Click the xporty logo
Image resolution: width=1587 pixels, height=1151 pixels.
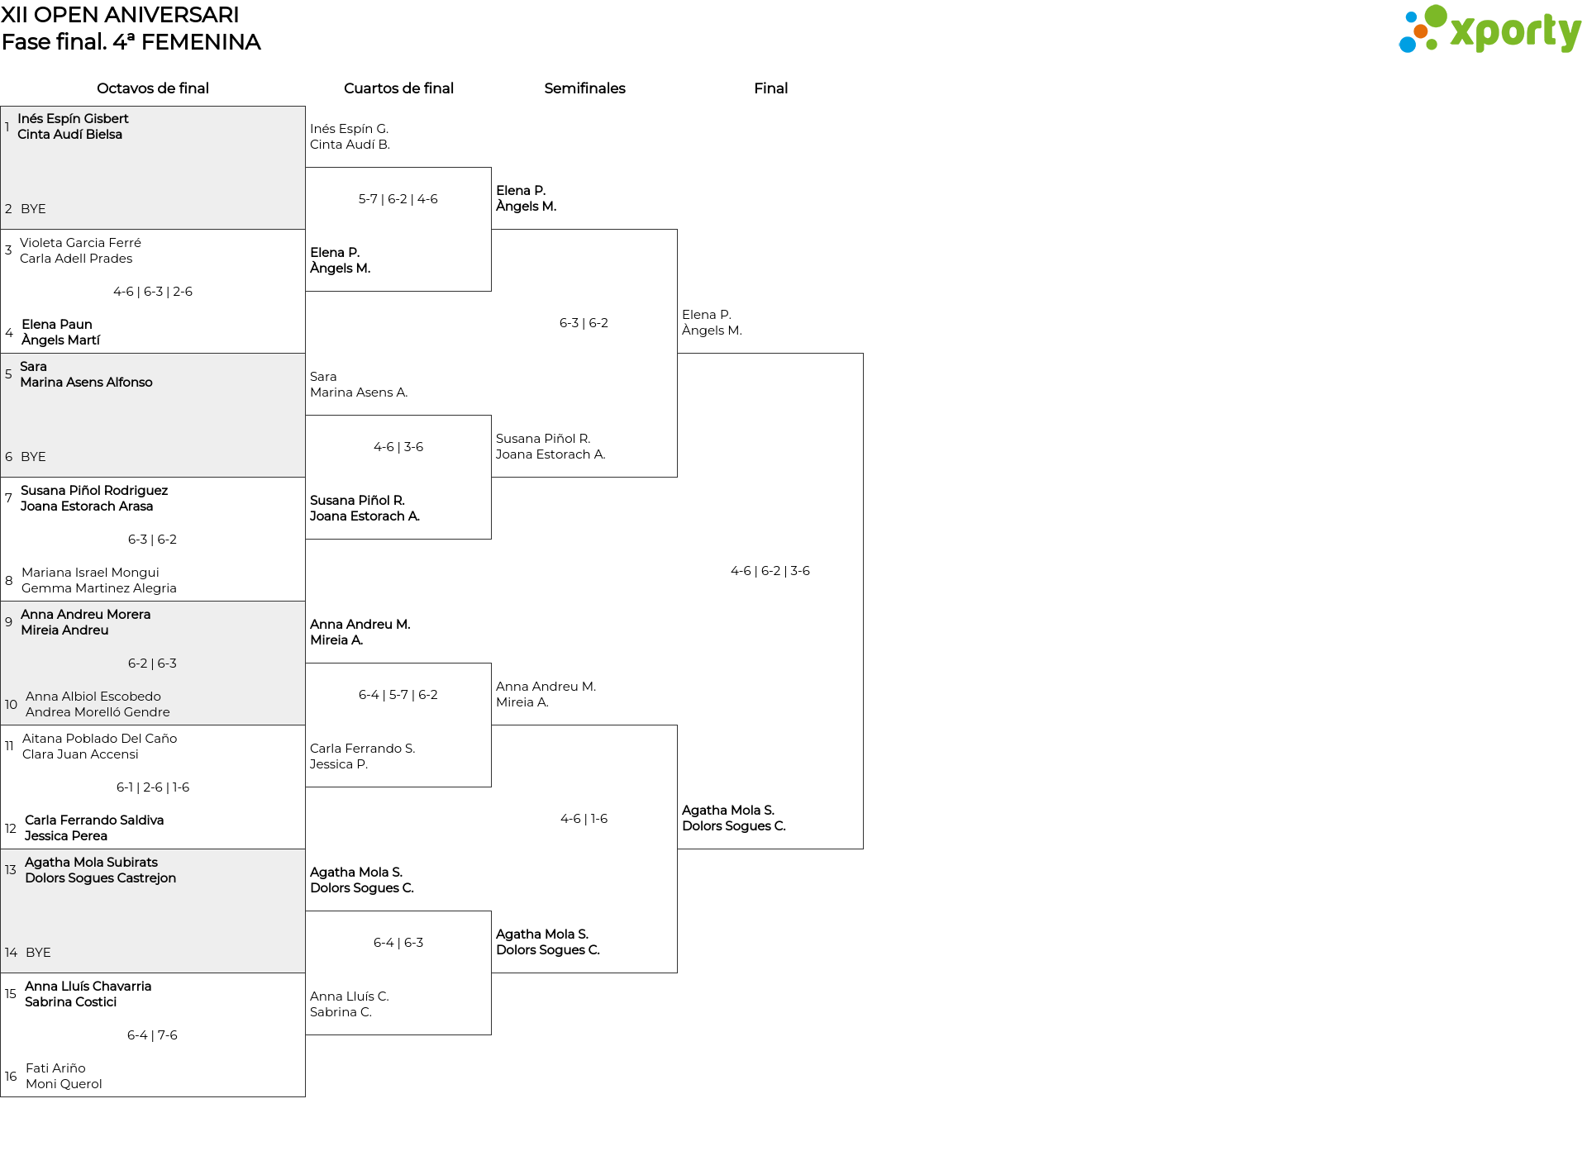[x=1489, y=30]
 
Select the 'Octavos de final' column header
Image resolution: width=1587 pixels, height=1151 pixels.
[x=153, y=88]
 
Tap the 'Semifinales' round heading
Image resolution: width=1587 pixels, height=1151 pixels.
[x=584, y=88]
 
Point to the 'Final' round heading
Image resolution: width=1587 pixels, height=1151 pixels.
[x=770, y=88]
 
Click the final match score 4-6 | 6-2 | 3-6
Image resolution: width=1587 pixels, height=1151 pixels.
[x=770, y=571]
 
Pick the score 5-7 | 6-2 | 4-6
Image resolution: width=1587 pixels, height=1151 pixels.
[x=398, y=199]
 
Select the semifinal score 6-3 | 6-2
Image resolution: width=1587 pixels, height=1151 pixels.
[x=584, y=323]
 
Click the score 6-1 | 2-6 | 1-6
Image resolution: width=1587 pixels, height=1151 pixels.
[x=153, y=787]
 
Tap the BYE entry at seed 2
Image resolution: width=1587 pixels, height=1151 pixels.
[x=33, y=209]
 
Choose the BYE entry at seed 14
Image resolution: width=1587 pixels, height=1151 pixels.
[x=38, y=953]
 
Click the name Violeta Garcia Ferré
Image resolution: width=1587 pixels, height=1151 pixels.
[x=80, y=243]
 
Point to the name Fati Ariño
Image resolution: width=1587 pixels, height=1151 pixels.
[x=55, y=1068]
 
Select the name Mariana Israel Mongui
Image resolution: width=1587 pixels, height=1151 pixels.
[x=90, y=573]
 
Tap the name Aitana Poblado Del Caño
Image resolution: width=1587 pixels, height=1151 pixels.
[x=99, y=739]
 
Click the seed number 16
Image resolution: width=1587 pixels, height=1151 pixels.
[x=11, y=1077]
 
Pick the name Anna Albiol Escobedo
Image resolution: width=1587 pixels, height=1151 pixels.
[x=93, y=697]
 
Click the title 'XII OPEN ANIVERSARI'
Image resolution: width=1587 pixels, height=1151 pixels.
[x=120, y=15]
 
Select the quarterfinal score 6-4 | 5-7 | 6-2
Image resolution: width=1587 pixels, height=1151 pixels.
[x=398, y=695]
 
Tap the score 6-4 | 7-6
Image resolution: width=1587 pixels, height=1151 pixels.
[x=152, y=1035]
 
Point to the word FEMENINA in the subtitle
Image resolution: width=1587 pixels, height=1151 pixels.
[x=201, y=42]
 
